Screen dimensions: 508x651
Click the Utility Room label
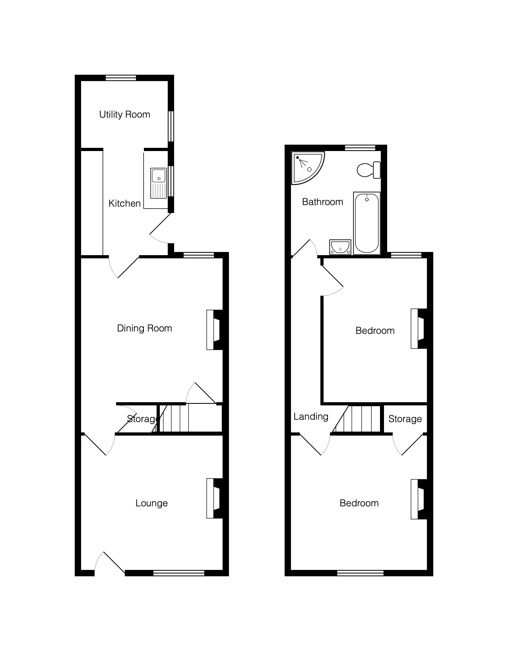click(124, 115)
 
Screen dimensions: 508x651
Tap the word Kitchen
click(124, 204)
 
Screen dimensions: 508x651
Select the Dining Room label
click(144, 329)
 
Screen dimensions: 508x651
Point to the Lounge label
click(151, 503)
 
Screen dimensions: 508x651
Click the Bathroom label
click(322, 202)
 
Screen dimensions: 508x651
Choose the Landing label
click(310, 417)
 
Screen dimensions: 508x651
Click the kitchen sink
click(159, 183)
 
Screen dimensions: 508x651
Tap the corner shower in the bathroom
click(308, 167)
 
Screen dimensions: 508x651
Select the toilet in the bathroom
click(369, 170)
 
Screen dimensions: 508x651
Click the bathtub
click(366, 223)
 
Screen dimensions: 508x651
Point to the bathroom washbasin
click(340, 247)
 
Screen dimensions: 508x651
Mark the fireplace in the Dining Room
click(215, 330)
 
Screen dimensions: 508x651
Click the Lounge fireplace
click(215, 498)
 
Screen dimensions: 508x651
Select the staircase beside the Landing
click(357, 419)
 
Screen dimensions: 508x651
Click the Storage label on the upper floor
click(405, 419)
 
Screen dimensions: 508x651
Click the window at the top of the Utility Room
click(121, 78)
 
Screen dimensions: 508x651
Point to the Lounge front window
click(179, 573)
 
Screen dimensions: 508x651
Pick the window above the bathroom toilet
click(360, 148)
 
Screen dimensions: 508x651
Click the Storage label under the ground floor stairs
click(143, 419)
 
